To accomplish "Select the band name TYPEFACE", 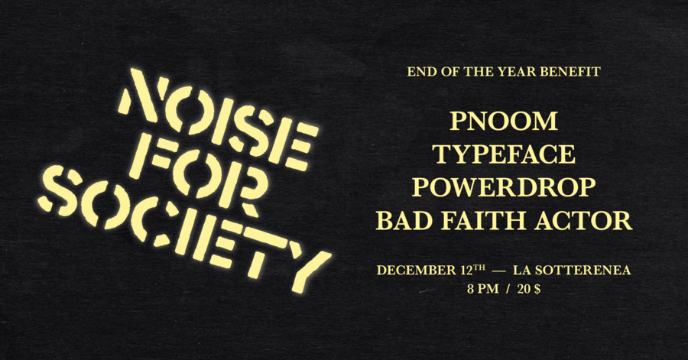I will (504, 154).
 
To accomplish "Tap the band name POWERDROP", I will (504, 188).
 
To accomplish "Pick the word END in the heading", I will (421, 73).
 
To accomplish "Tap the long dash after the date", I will (498, 271).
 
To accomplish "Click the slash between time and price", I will (507, 290).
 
